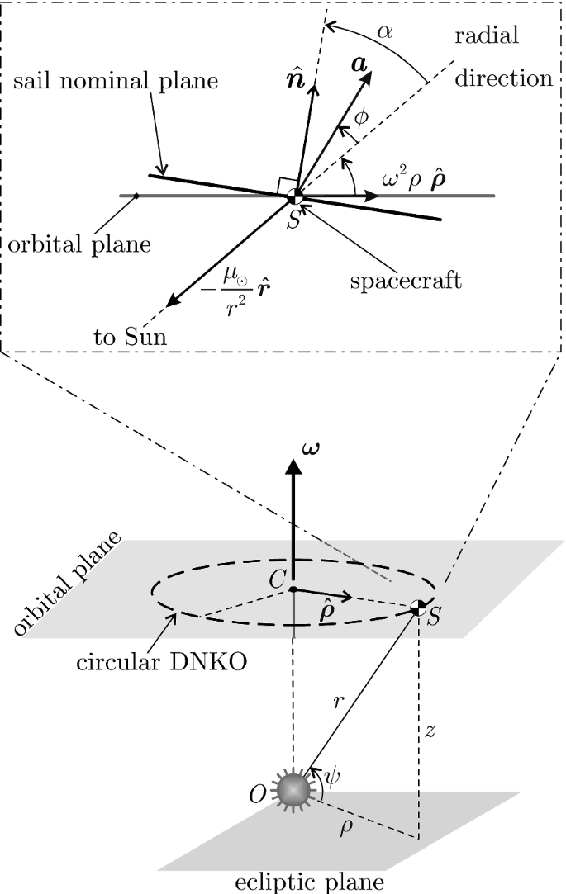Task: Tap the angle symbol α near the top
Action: pyautogui.click(x=384, y=31)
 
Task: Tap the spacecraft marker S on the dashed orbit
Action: pyautogui.click(x=419, y=609)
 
